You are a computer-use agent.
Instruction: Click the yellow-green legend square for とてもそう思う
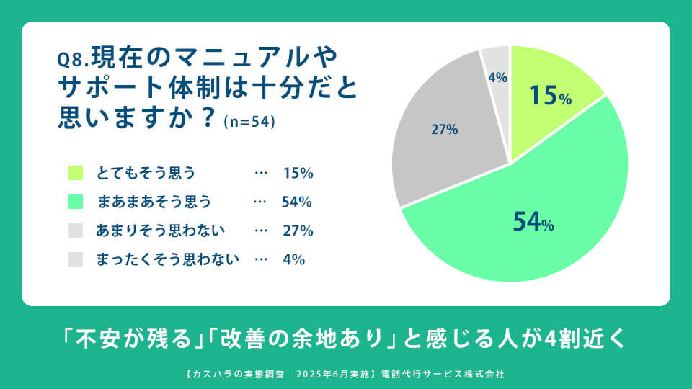(76, 173)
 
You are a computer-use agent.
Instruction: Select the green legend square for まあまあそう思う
(76, 202)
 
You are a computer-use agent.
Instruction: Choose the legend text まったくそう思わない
(168, 259)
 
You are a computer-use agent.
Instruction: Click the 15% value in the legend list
(298, 173)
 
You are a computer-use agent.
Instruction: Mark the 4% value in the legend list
(294, 259)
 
